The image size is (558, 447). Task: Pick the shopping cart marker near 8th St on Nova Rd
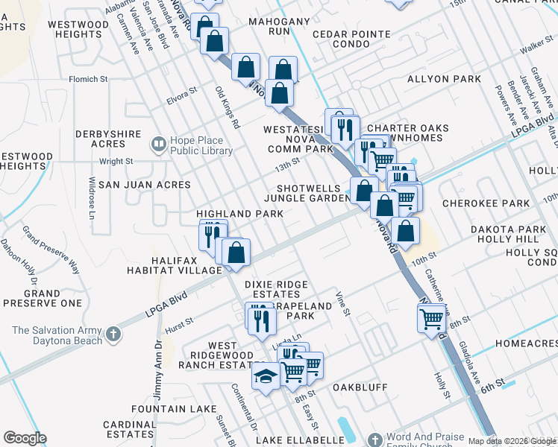431,319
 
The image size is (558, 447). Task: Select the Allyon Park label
438,78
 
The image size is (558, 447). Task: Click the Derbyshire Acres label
110,139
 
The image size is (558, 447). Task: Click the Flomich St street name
89,78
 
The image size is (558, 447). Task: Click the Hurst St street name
179,323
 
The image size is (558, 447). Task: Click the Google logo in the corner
25,438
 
